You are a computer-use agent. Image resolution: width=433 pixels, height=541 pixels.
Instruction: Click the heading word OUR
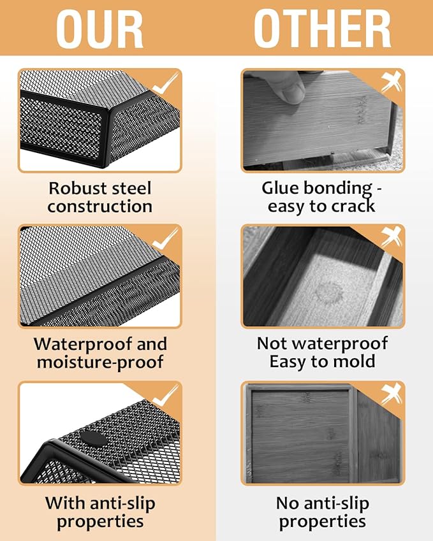(x=99, y=29)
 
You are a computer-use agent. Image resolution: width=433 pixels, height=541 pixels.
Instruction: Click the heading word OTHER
(x=323, y=29)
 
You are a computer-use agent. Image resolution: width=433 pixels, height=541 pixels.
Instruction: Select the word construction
(x=99, y=206)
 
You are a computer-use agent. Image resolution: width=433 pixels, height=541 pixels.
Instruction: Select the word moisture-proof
(x=100, y=363)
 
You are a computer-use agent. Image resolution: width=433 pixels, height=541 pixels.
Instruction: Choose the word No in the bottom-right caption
(x=287, y=503)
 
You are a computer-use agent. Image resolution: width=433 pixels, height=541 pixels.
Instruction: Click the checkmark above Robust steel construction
(x=166, y=83)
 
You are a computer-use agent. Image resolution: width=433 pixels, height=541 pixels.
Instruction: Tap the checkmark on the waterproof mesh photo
(x=166, y=239)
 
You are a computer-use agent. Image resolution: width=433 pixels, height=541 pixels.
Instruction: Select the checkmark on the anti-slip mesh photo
(x=166, y=396)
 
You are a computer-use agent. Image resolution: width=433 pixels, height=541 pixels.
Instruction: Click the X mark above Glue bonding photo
(x=392, y=82)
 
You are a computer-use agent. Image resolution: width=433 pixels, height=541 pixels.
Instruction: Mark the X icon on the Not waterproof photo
(x=392, y=238)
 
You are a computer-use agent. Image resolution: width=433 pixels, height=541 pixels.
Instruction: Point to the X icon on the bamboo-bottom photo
(x=392, y=394)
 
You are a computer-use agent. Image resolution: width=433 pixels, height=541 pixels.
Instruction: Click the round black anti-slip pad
(x=94, y=439)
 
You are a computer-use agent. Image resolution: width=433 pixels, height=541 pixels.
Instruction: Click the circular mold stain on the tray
(x=328, y=292)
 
